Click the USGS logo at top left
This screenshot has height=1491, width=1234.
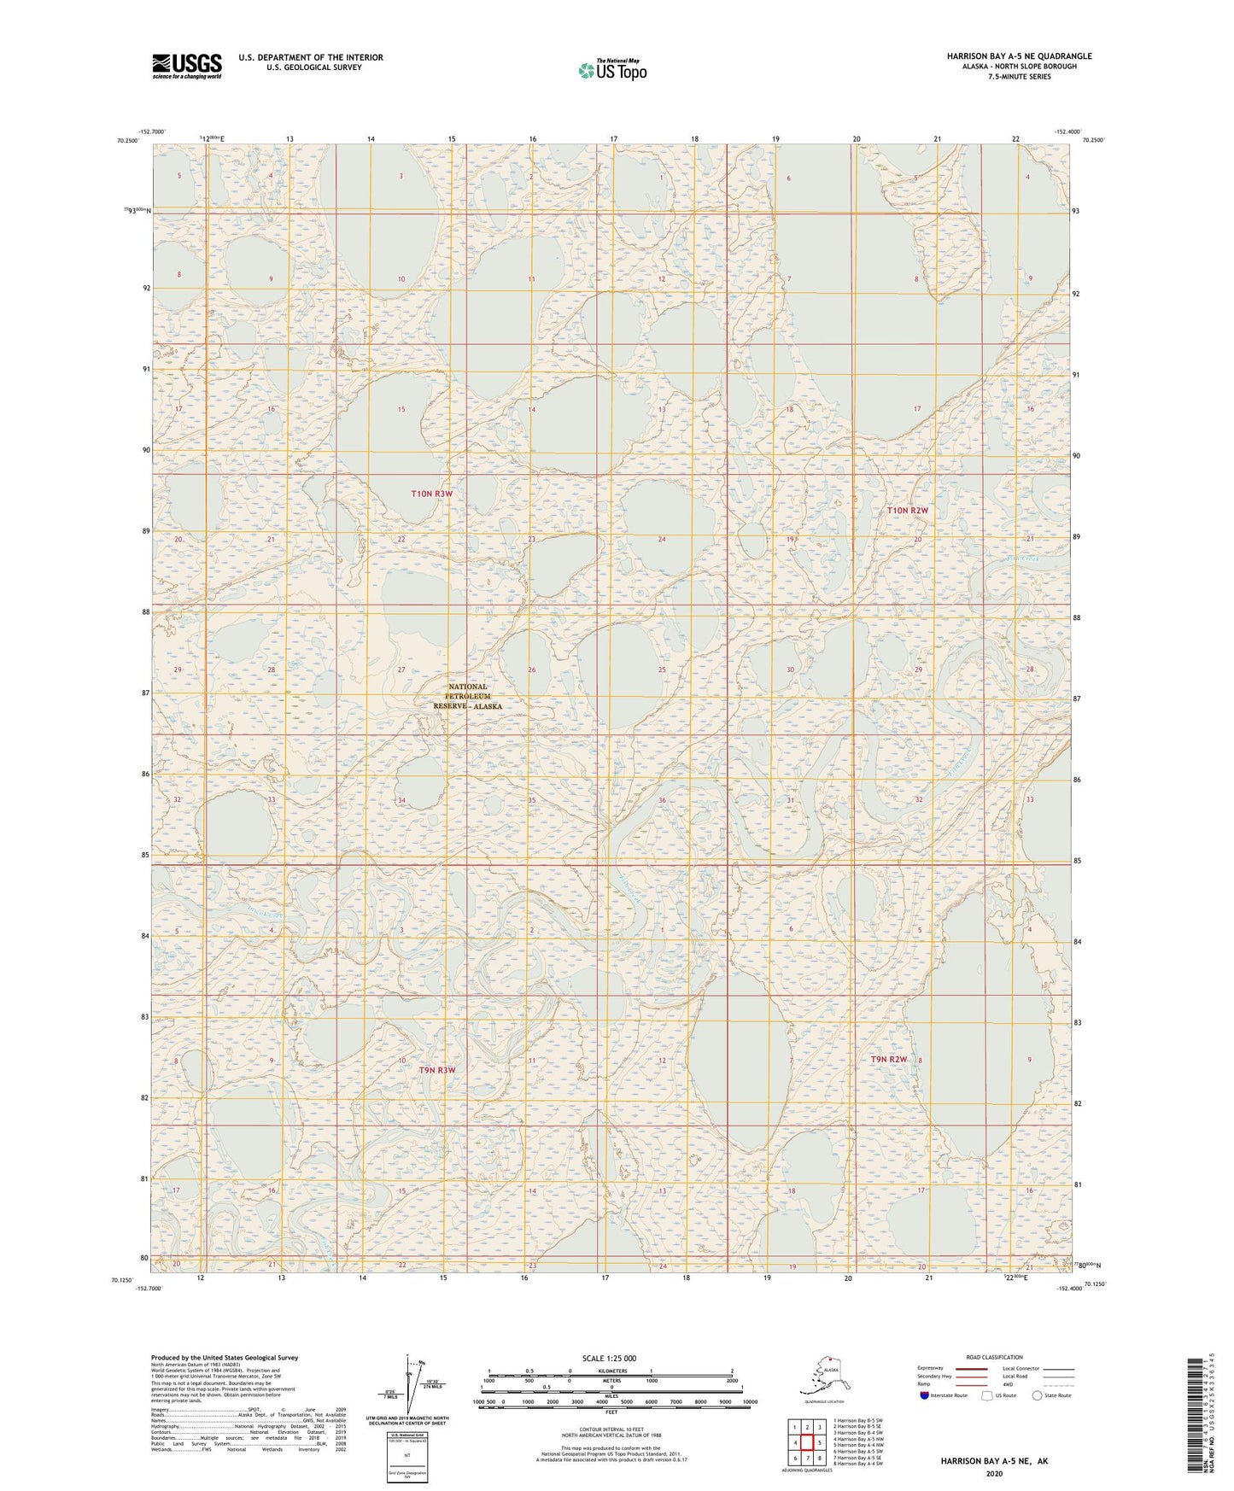[x=186, y=66]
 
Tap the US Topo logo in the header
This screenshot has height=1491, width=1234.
[x=611, y=70]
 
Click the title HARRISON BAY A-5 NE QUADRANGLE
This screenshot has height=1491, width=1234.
[x=1019, y=56]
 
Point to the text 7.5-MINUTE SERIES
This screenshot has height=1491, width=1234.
[x=1019, y=77]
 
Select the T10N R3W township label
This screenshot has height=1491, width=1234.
[x=431, y=494]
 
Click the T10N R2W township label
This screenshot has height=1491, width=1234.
[x=906, y=511]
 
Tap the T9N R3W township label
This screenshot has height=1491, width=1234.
[x=436, y=1070]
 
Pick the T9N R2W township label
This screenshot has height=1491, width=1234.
[x=888, y=1060]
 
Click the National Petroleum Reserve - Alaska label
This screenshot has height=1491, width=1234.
[x=467, y=697]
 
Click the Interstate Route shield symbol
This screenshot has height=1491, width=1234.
[x=924, y=1395]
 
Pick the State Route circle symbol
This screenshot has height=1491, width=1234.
[x=1037, y=1395]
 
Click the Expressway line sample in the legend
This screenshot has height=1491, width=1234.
[x=970, y=1368]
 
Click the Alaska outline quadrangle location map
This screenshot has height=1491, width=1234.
[x=823, y=1377]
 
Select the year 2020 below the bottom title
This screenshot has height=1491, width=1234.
[x=994, y=1473]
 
